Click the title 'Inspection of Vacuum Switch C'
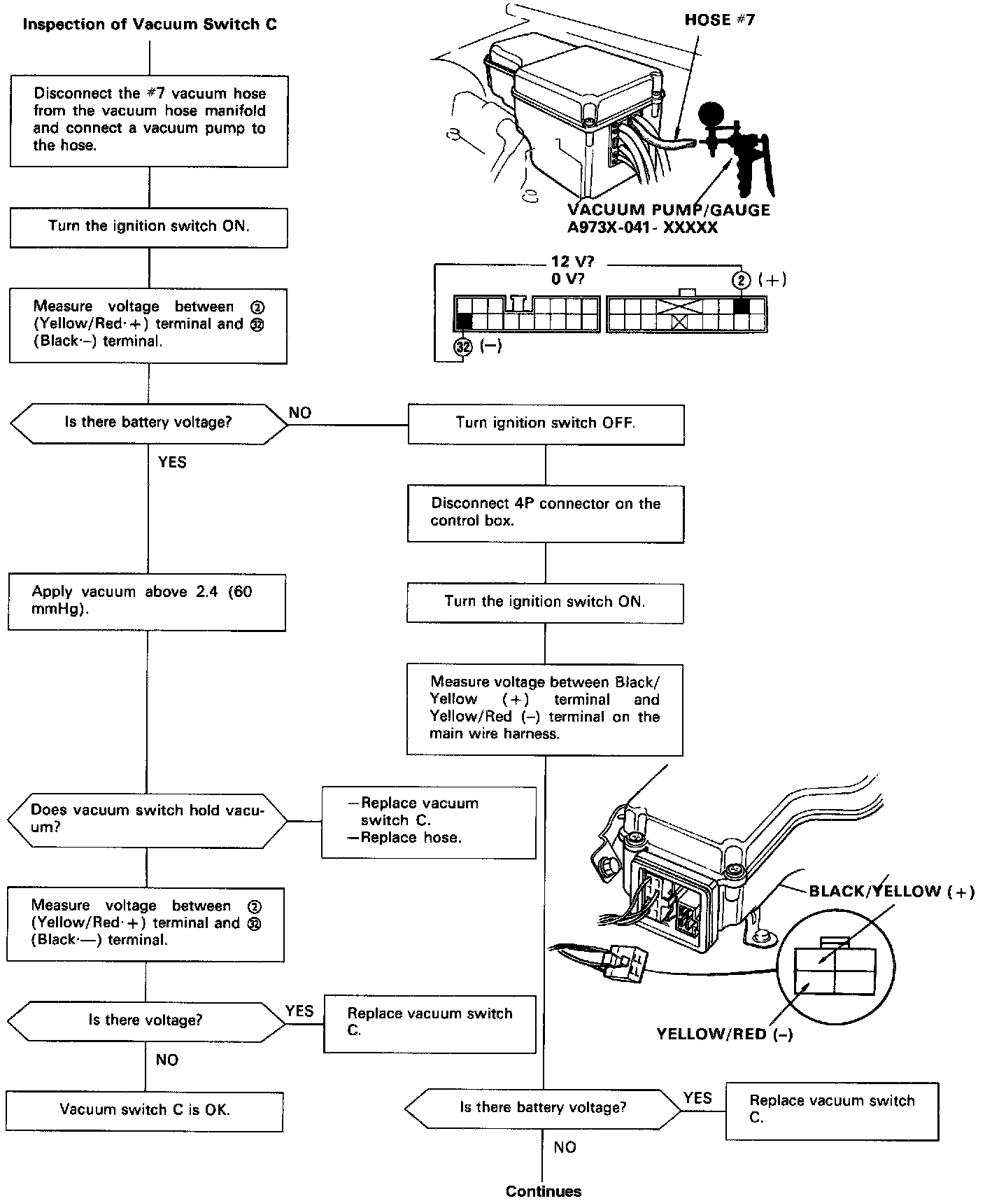coord(150,24)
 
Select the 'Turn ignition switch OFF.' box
coord(546,423)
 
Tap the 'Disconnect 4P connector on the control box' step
coord(546,512)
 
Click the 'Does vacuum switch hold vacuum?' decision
coord(147,818)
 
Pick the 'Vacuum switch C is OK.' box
coord(145,1109)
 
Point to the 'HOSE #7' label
coord(719,20)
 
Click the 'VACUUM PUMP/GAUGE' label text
coord(668,210)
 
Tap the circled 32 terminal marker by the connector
coord(462,346)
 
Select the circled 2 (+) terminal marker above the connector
coord(741,281)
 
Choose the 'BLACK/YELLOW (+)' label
coord(891,892)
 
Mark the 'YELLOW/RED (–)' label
coord(725,1034)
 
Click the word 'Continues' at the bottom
coord(544,1191)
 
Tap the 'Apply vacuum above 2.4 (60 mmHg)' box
coord(147,600)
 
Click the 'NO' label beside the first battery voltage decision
coord(299,412)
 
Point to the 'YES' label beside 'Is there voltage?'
coord(299,1011)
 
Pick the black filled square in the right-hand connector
coord(741,306)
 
